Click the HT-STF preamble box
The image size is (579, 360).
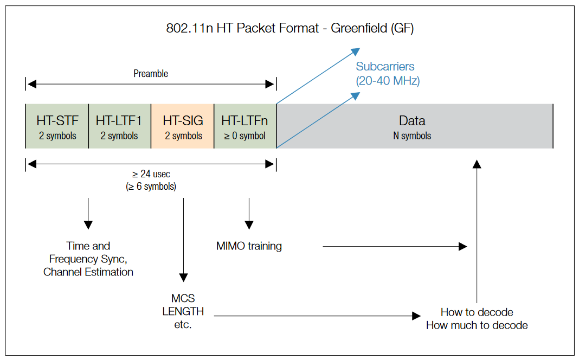click(x=57, y=126)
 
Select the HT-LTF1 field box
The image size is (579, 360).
click(x=119, y=126)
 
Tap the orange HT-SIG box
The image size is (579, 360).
click(x=183, y=126)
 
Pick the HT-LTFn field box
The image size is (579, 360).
click(x=245, y=126)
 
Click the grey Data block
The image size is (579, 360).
click(x=415, y=126)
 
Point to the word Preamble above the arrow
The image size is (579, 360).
click(x=151, y=74)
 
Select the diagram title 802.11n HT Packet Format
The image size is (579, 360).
click(x=289, y=28)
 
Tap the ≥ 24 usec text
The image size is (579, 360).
click(x=151, y=175)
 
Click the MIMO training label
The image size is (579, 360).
click(x=249, y=246)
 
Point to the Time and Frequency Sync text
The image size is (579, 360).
click(x=88, y=259)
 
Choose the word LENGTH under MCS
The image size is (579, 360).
click(x=183, y=312)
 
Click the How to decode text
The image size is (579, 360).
click(x=477, y=312)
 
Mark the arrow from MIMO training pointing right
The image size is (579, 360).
click(x=395, y=247)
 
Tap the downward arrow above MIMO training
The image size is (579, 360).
click(x=249, y=214)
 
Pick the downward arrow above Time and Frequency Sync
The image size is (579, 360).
click(x=88, y=214)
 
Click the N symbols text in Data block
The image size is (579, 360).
click(x=412, y=136)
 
